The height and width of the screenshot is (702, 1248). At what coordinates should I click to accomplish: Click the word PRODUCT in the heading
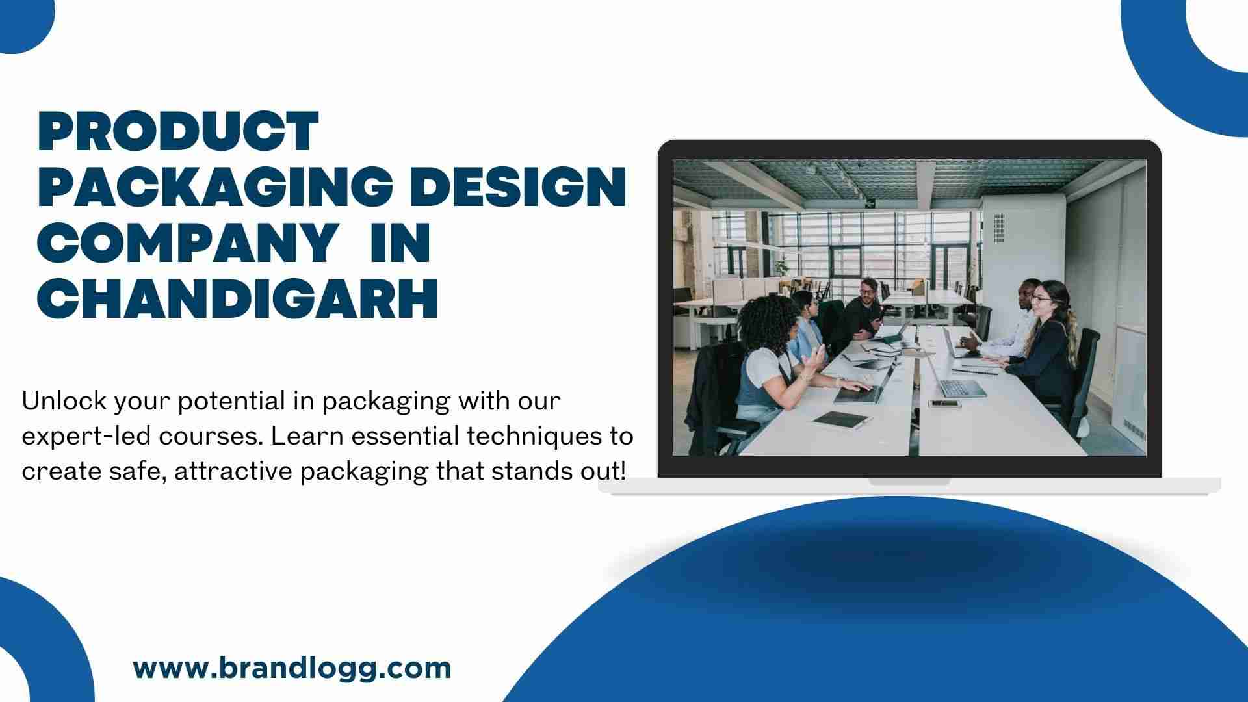tap(178, 133)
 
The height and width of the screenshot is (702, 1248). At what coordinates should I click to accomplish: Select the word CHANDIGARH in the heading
tap(237, 298)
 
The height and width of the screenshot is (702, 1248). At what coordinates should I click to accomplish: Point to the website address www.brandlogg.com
tap(292, 669)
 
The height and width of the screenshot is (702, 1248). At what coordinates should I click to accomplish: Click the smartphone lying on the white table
tap(944, 404)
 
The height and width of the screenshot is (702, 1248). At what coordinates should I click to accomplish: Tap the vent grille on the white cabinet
tap(999, 229)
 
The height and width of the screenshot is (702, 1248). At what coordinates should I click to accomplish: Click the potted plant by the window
tap(779, 268)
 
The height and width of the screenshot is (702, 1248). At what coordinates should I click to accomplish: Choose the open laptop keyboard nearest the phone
tap(962, 389)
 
